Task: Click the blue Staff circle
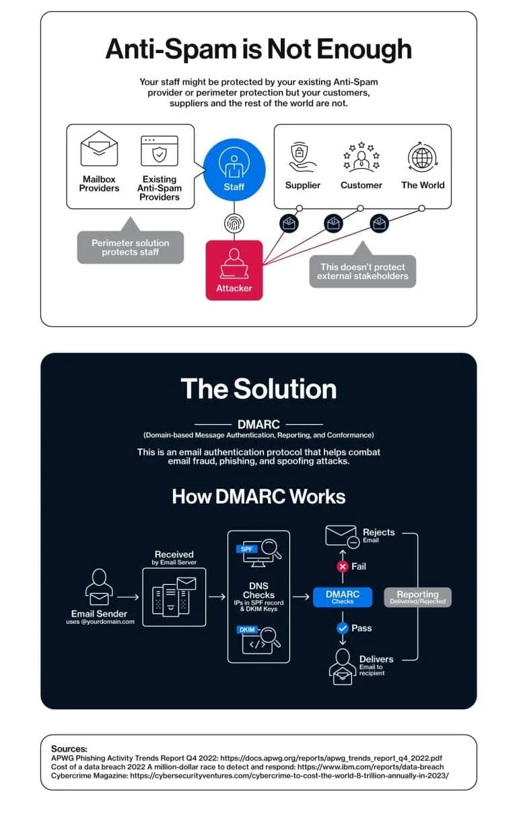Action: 234,169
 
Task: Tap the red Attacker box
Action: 234,270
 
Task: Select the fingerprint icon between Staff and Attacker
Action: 234,223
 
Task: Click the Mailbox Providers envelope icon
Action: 99,149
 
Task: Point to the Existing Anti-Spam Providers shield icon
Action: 160,151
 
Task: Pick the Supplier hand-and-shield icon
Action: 302,157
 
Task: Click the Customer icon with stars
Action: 361,157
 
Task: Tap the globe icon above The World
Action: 423,157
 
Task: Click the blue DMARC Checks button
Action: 343,597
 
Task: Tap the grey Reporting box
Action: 417,597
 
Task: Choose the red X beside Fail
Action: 343,566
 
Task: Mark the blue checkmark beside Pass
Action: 343,628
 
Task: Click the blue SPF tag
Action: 246,549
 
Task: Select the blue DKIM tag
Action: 247,629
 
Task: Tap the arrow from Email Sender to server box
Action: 128,597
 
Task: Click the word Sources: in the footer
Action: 69,749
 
